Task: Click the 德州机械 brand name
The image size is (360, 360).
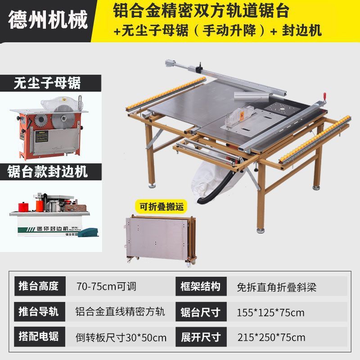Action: click(48, 19)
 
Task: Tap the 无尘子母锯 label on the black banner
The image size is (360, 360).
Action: click(47, 83)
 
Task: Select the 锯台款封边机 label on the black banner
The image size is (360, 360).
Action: click(47, 171)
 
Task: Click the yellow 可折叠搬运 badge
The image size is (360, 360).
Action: click(162, 207)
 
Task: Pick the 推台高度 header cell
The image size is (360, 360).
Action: click(40, 286)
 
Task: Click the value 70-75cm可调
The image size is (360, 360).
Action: click(106, 287)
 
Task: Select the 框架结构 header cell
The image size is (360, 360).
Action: click(201, 286)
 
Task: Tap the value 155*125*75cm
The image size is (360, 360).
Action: click(270, 313)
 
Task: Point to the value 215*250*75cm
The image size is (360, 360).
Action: click(271, 337)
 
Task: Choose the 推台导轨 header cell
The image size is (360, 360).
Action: click(40, 311)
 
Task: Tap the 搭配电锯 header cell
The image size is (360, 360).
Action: click(40, 337)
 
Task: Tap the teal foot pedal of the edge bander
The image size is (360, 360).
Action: click(89, 232)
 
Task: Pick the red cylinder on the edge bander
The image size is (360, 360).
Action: click(23, 207)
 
